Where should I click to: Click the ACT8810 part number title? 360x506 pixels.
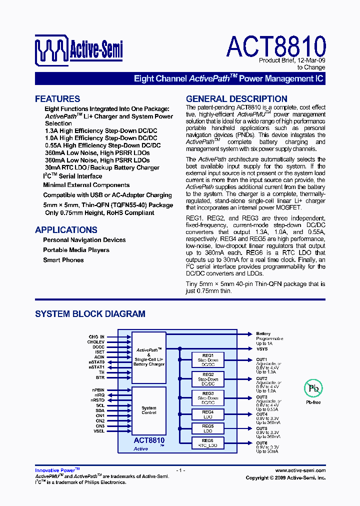click(276, 46)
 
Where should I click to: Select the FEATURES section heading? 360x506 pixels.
click(57, 99)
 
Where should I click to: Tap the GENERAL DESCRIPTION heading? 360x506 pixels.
click(236, 99)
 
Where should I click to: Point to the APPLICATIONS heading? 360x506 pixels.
click(66, 230)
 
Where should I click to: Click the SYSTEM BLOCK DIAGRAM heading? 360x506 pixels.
click(90, 314)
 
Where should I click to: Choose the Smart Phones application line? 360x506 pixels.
click(63, 260)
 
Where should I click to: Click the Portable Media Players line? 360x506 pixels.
click(76, 250)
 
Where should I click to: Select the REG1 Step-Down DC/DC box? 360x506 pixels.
click(208, 360)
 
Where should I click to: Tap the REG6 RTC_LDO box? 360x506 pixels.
click(208, 442)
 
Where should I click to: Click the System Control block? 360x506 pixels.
click(148, 410)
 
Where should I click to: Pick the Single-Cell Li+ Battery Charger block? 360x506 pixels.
click(148, 357)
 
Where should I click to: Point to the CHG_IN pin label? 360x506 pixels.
click(96, 337)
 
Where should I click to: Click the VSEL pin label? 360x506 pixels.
click(99, 430)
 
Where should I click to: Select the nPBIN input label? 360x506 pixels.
click(98, 389)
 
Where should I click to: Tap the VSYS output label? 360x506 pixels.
click(262, 349)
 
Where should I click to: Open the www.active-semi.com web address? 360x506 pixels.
click(300, 470)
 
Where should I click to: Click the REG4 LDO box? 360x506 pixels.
click(208, 414)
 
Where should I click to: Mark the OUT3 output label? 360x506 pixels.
click(262, 397)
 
